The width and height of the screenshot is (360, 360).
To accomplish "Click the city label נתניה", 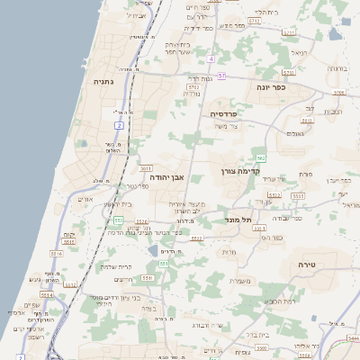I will click(x=103, y=81).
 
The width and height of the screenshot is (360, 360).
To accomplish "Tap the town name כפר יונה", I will click(x=267, y=87).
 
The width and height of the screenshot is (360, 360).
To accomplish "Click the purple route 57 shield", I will click(x=221, y=76).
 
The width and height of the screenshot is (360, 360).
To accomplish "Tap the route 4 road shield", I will click(x=210, y=59).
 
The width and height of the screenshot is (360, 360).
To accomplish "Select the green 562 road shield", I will click(x=260, y=158).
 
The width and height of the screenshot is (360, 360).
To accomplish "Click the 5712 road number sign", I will click(x=289, y=33).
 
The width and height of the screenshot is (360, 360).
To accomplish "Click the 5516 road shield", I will click(x=57, y=255).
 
